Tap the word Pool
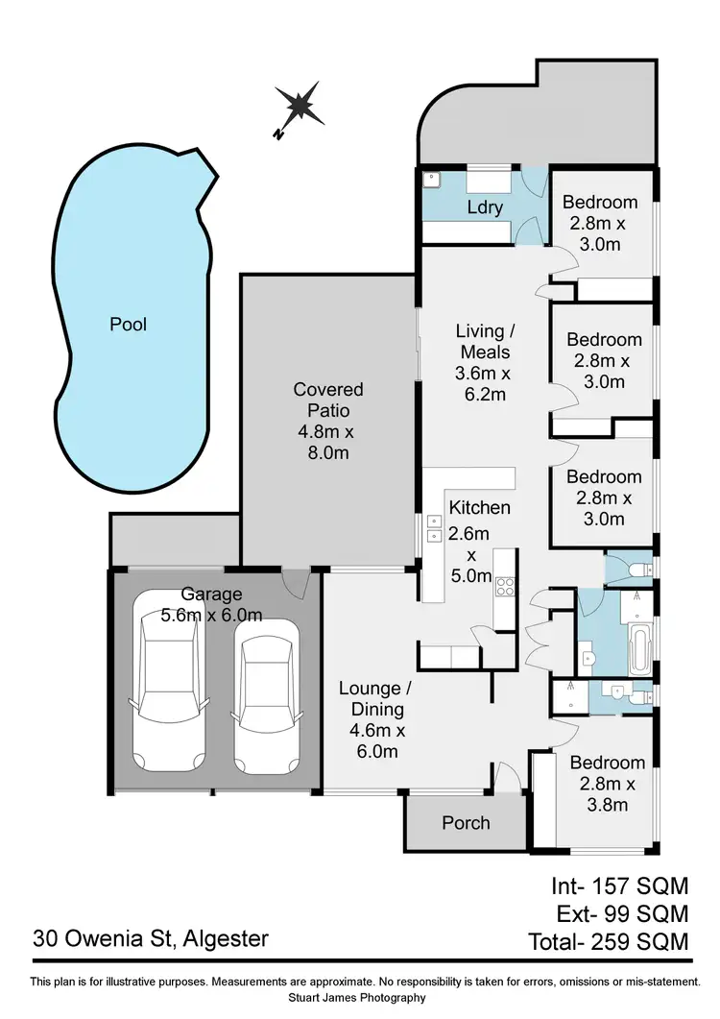[128, 325]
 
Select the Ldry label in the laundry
[485, 207]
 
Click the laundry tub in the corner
[432, 179]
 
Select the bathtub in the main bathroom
[638, 650]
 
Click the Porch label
[466, 823]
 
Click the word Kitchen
[480, 507]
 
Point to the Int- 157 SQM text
[619, 885]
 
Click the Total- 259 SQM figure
[609, 941]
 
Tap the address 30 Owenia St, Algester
[150, 937]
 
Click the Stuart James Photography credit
[360, 998]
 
